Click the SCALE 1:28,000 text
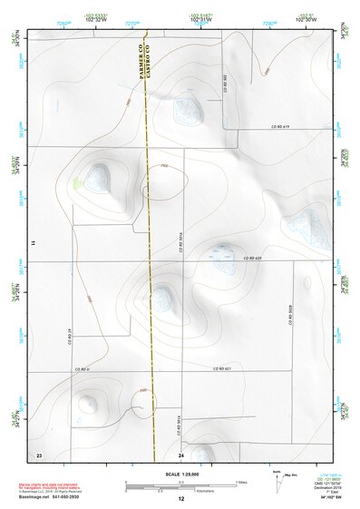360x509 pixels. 180,475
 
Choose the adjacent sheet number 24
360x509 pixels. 181,454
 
